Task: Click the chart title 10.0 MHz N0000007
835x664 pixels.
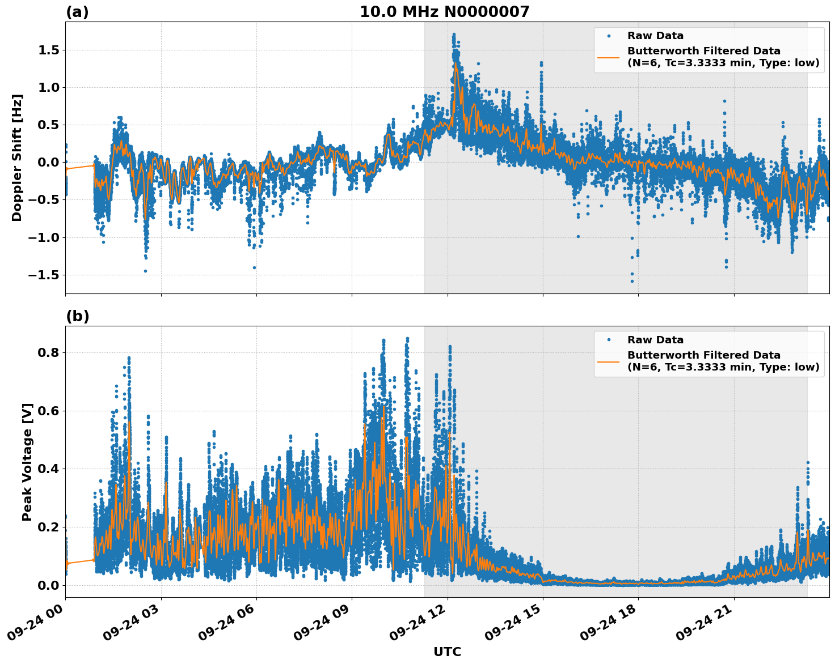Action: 444,12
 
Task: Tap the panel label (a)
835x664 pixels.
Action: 77,12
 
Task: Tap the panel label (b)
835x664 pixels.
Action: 77,316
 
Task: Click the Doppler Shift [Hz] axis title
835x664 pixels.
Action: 17,158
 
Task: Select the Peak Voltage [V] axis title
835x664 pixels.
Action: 27,462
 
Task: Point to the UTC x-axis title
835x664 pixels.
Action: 447,652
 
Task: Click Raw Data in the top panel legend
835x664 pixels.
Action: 655,36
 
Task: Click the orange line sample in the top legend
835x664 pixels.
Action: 608,57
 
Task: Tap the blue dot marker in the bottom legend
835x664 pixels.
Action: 608,340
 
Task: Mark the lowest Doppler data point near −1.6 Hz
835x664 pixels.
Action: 632,281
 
